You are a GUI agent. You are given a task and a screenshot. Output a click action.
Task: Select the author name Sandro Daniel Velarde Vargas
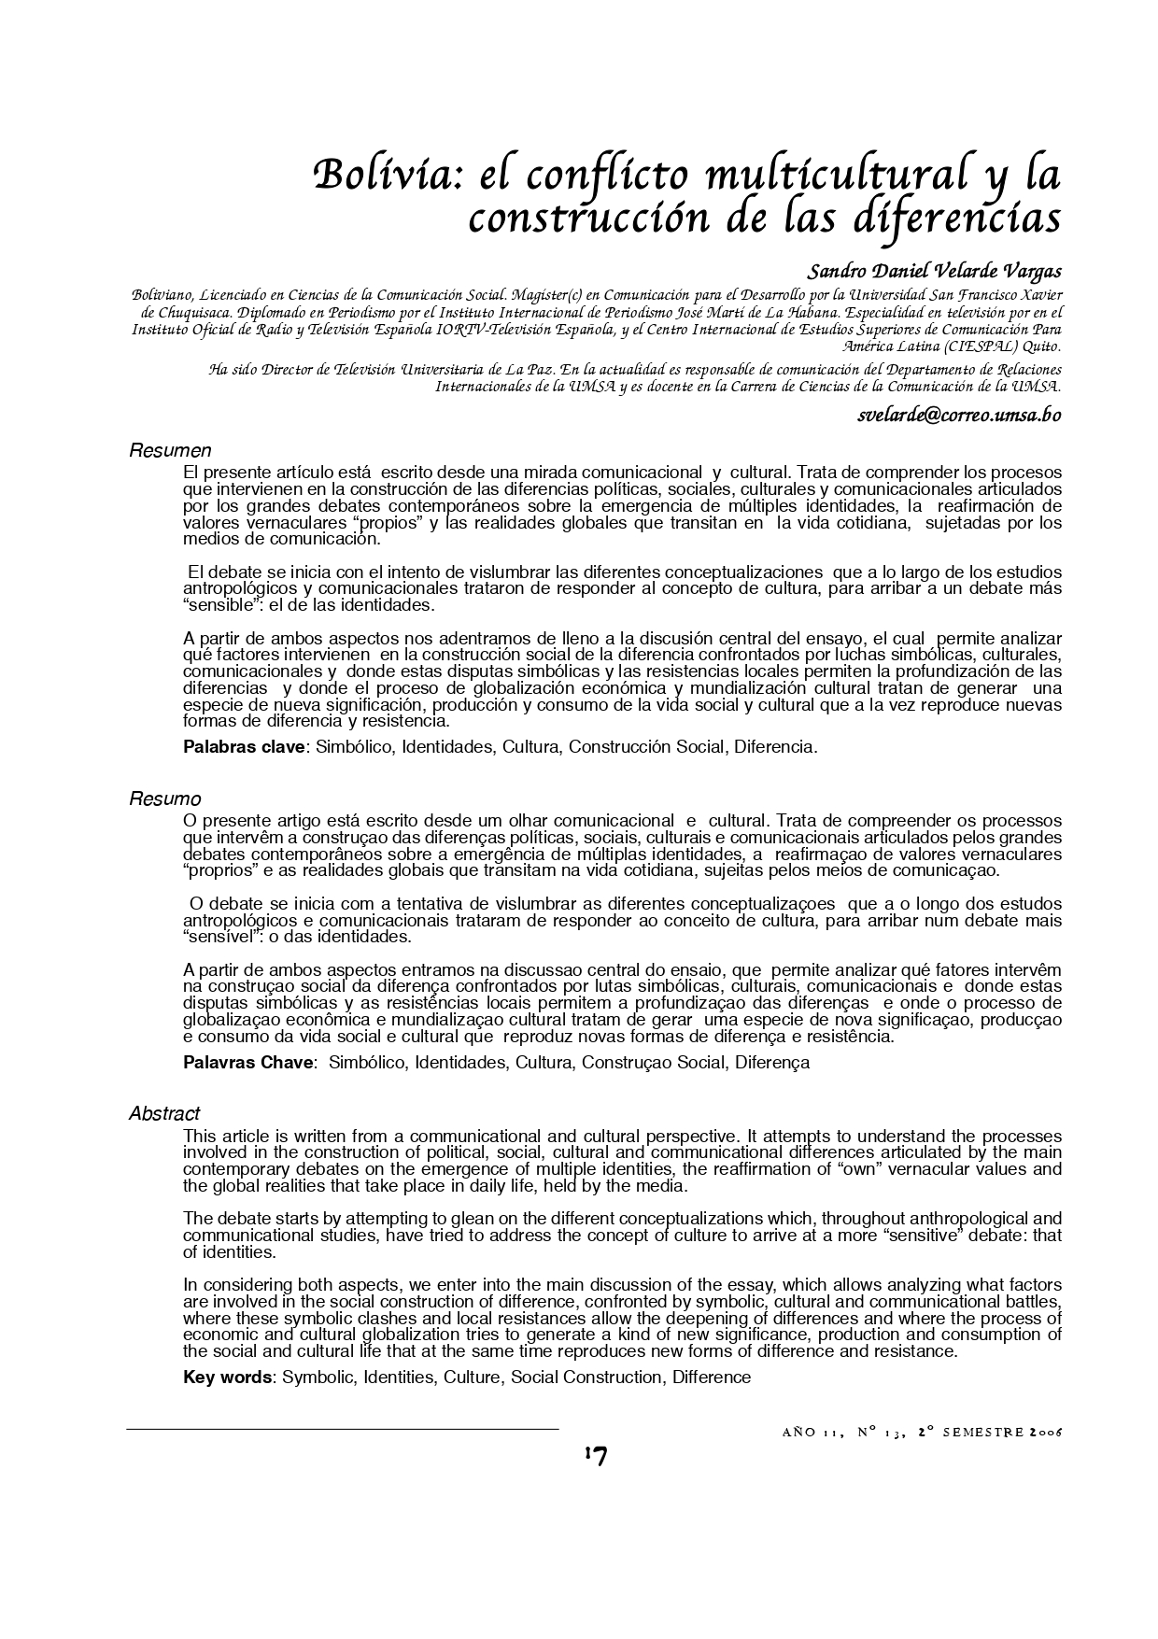(934, 273)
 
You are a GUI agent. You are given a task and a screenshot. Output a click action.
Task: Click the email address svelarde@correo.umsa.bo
(959, 416)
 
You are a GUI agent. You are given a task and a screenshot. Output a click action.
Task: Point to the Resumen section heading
(170, 452)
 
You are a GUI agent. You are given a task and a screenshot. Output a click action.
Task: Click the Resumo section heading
(164, 799)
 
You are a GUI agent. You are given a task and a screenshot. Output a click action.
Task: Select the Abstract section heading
(164, 1114)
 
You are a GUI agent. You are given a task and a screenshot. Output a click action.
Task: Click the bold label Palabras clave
(245, 747)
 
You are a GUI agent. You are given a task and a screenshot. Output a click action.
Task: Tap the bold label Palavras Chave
(248, 1063)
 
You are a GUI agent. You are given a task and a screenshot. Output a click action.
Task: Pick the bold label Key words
(228, 1378)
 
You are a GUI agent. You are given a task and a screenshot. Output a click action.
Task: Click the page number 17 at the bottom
(595, 1456)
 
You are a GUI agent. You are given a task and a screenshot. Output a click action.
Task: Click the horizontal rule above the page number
(343, 1429)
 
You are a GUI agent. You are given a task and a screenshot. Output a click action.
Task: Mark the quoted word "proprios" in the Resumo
(220, 871)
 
